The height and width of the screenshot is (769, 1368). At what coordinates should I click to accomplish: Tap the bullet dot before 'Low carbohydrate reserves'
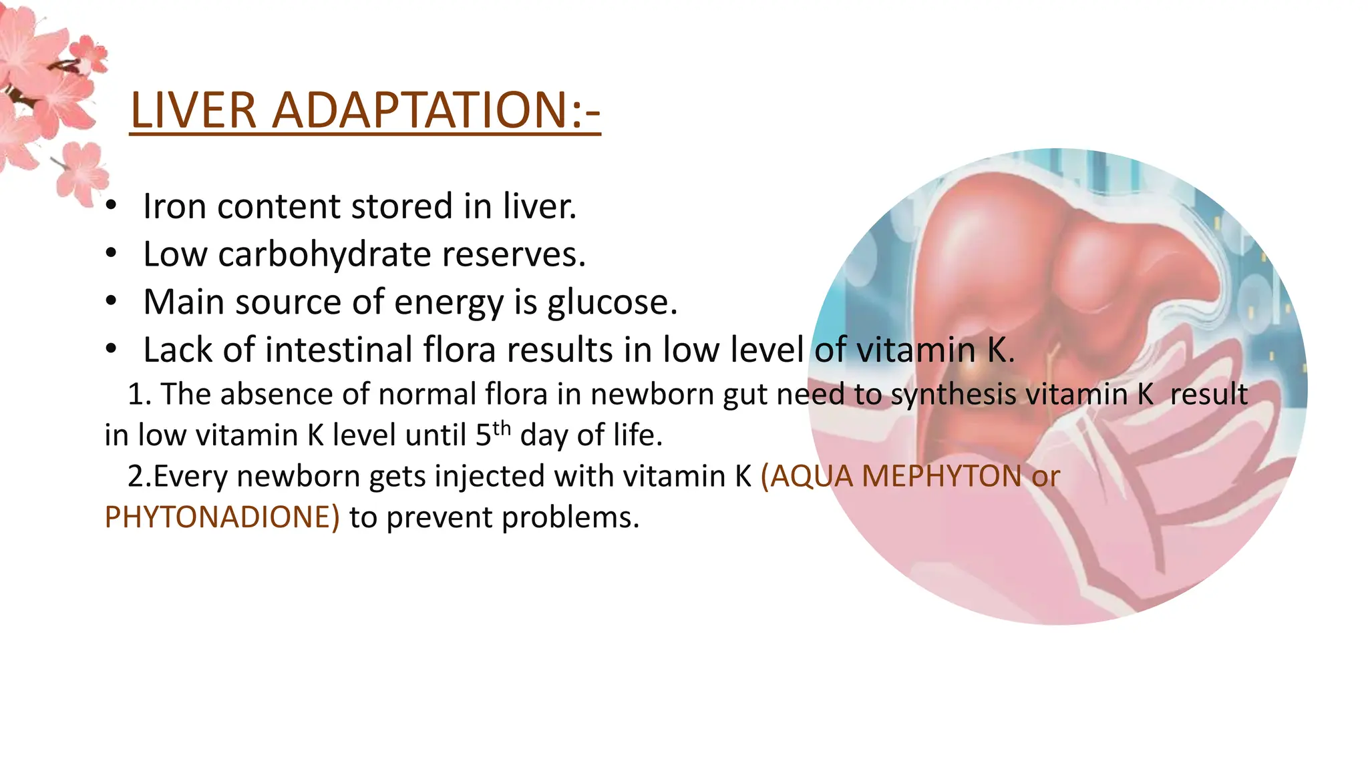click(x=111, y=254)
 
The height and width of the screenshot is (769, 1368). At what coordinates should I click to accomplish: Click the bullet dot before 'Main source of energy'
click(x=111, y=302)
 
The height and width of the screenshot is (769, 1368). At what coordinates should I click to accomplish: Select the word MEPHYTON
click(x=942, y=477)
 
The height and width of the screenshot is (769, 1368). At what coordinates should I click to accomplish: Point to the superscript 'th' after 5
click(x=502, y=428)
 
